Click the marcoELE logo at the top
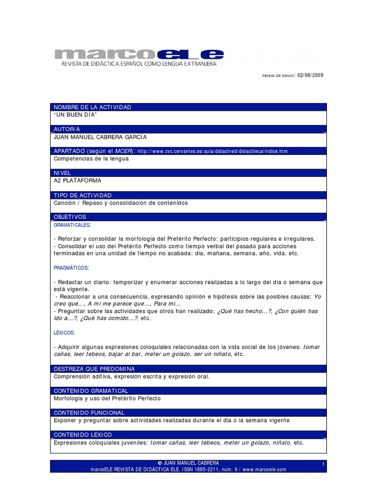(138, 55)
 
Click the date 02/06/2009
(310, 75)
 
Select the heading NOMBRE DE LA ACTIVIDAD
(93, 107)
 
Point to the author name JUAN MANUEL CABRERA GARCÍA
(100, 138)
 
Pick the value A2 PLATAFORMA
(76, 181)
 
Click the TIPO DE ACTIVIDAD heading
(82, 195)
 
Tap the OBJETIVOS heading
(70, 217)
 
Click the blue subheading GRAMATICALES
(72, 225)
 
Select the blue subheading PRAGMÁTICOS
(72, 268)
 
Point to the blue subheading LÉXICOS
(64, 333)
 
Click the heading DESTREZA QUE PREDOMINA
(94, 369)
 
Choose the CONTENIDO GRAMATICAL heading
(91, 391)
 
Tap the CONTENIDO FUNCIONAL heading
(89, 413)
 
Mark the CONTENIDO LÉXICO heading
(83, 435)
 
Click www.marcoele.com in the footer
(264, 469)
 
